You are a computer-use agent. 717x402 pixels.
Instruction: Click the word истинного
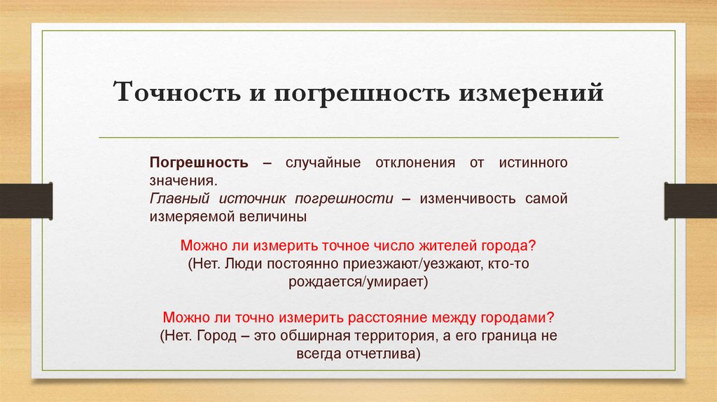click(531, 162)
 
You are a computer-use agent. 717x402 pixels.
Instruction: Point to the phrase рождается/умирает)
click(357, 282)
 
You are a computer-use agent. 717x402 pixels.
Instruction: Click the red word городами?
click(518, 317)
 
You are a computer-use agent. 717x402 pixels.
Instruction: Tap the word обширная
click(314, 335)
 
